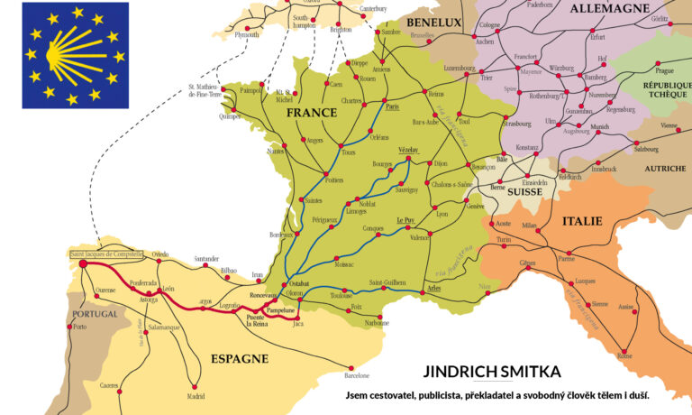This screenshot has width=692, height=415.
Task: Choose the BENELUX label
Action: pyautogui.click(x=433, y=22)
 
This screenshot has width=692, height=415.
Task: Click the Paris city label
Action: pyautogui.click(x=391, y=106)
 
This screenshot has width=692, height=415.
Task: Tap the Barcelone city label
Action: pyautogui.click(x=356, y=375)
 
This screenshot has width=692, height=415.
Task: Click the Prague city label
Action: pyautogui.click(x=665, y=70)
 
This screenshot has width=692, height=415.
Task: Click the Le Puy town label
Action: pyautogui.click(x=405, y=220)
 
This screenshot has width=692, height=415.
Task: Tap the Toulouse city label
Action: pyautogui.click(x=341, y=295)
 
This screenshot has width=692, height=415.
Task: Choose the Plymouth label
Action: pyautogui.click(x=246, y=34)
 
